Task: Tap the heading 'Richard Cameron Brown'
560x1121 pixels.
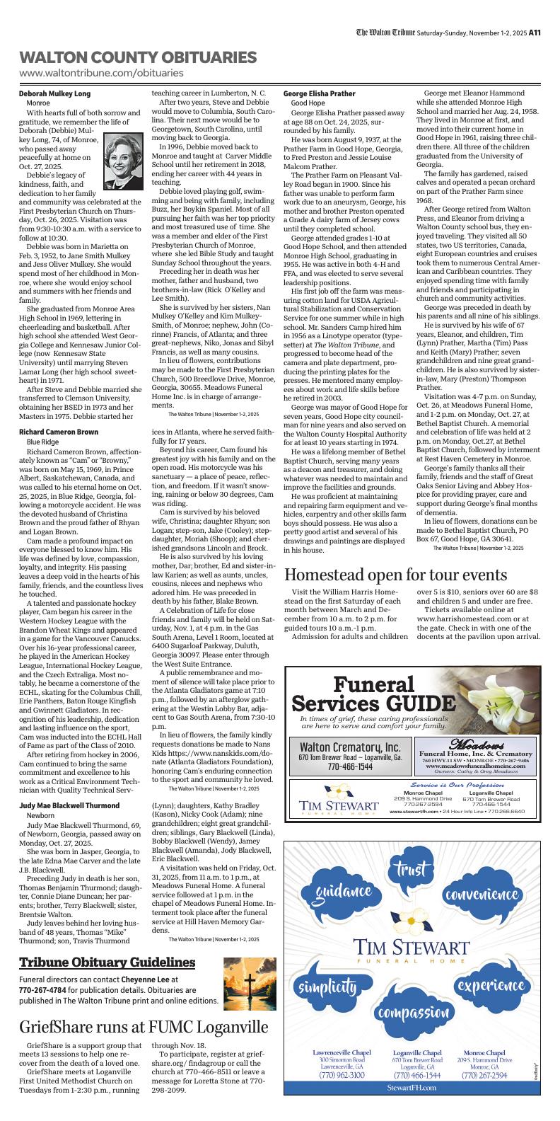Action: point(59,431)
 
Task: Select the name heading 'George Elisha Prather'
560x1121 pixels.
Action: point(319,93)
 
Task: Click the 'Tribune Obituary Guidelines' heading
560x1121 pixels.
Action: point(107,962)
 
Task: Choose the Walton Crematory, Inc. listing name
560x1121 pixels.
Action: point(350,747)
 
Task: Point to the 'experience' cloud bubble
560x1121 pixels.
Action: point(490,985)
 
